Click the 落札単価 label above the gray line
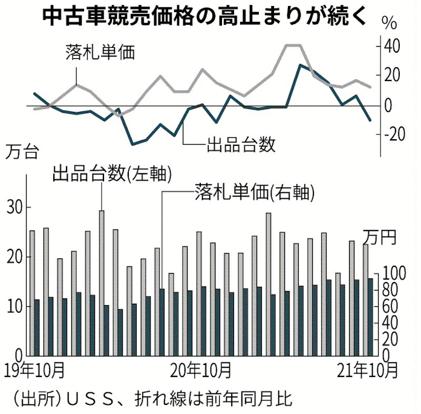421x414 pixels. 100,52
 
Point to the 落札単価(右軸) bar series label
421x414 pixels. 255,193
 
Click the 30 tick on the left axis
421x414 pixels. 15,208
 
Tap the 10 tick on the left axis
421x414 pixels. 15,306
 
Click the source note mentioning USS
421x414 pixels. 151,398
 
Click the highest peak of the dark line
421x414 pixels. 300,64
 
